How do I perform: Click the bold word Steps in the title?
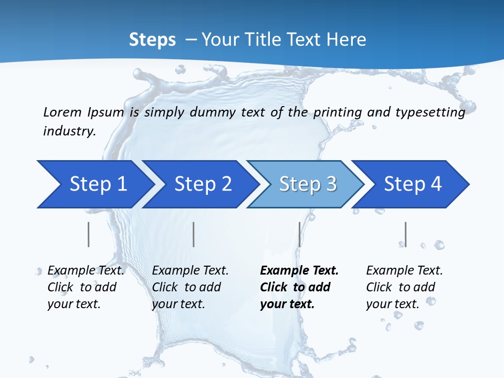(x=152, y=39)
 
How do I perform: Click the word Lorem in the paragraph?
(x=62, y=112)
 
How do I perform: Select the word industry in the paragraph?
(x=69, y=131)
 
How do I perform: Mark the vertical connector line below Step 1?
(x=89, y=234)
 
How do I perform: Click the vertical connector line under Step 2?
(x=194, y=234)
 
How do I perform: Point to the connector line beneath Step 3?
(x=299, y=234)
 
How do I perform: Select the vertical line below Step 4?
(x=405, y=234)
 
